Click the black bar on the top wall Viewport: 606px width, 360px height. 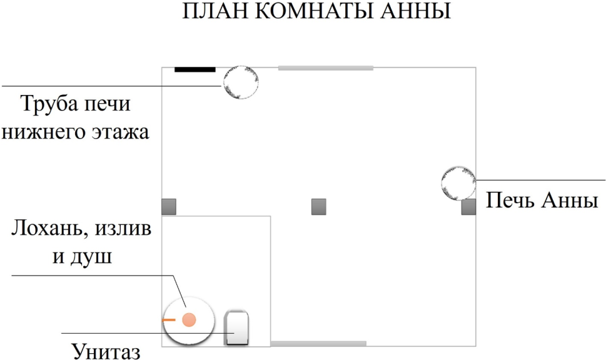click(x=194, y=69)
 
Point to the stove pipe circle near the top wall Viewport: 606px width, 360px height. click(x=241, y=82)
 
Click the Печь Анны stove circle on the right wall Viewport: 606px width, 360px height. click(x=458, y=183)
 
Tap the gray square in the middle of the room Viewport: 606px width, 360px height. click(x=319, y=207)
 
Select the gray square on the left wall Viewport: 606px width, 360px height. click(x=169, y=207)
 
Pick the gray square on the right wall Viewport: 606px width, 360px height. click(x=469, y=207)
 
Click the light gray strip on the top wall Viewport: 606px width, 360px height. click(x=326, y=68)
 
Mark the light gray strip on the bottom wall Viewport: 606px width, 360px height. click(x=318, y=344)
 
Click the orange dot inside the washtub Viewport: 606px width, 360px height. click(x=189, y=320)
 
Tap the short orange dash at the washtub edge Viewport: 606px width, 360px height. click(x=168, y=320)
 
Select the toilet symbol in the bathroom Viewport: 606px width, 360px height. click(x=236, y=327)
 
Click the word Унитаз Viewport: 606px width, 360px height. click(x=106, y=351)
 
